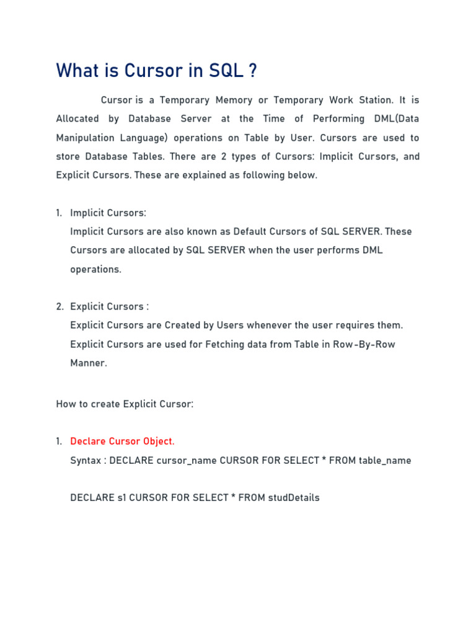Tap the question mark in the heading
point(252,71)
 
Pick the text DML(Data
point(395,118)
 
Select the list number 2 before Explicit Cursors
point(59,306)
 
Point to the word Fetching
point(210,344)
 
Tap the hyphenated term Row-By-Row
point(364,344)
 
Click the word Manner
point(88,363)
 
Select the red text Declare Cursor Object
point(122,442)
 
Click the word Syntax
point(86,460)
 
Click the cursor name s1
point(121,497)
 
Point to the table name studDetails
point(294,497)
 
